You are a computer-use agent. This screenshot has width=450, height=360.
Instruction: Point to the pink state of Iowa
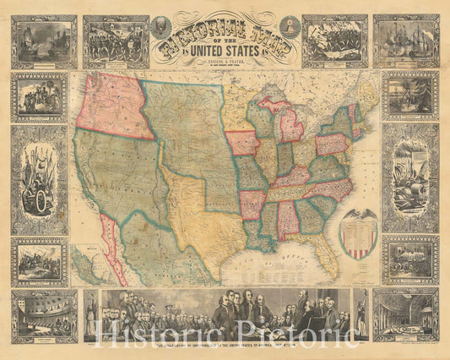click(x=242, y=143)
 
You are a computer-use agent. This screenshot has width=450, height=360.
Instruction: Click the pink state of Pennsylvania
click(x=331, y=144)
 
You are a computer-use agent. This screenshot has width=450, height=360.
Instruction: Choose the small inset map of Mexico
click(x=87, y=264)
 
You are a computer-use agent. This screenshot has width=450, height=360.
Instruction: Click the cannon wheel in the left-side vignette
click(x=36, y=203)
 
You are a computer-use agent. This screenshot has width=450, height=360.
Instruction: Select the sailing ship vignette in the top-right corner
click(x=405, y=41)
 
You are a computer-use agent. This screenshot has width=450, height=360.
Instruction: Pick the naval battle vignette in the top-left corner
click(x=44, y=41)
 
